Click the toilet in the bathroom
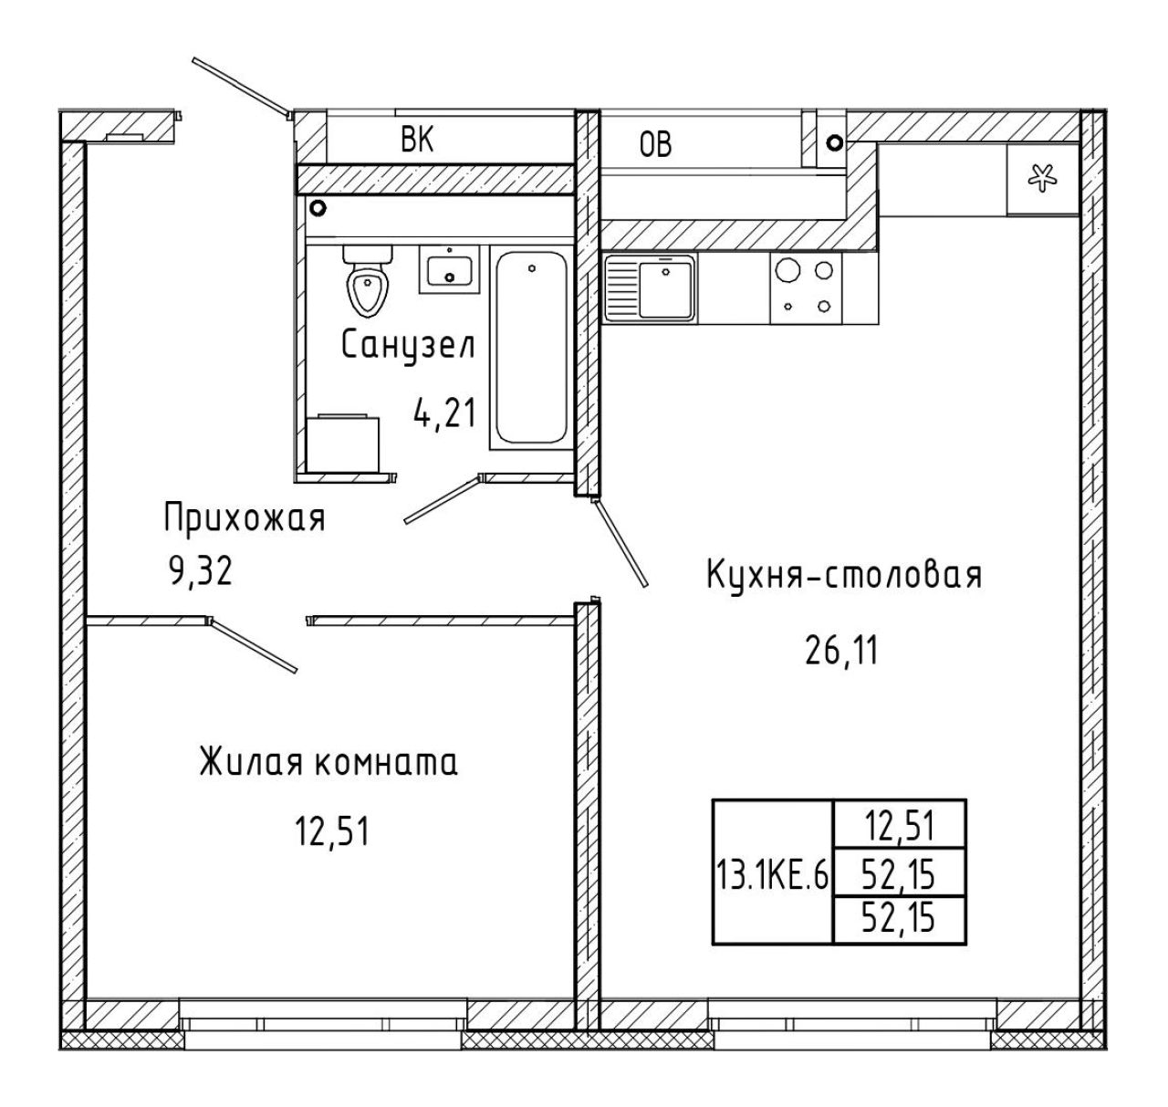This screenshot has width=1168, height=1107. pos(367,281)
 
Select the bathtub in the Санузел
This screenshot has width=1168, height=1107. pos(530,349)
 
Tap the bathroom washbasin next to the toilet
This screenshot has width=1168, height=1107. pos(449,270)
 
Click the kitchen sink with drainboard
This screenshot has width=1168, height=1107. pos(650,287)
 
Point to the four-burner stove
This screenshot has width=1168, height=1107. pos(806,288)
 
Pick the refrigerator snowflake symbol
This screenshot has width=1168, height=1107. pos(1042,178)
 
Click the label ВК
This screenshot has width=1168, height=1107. pos(417,141)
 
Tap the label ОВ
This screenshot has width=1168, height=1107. pos(655,144)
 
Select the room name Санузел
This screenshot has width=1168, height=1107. pos(408,345)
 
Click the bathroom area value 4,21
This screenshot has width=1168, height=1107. pos(445,413)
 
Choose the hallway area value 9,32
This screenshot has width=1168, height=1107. pos(201,571)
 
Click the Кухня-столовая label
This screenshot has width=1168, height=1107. pos(844,576)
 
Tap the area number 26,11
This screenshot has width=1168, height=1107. pos(841,651)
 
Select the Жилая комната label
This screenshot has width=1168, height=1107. pos(328,762)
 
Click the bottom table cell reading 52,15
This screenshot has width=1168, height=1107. pos(900,919)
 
